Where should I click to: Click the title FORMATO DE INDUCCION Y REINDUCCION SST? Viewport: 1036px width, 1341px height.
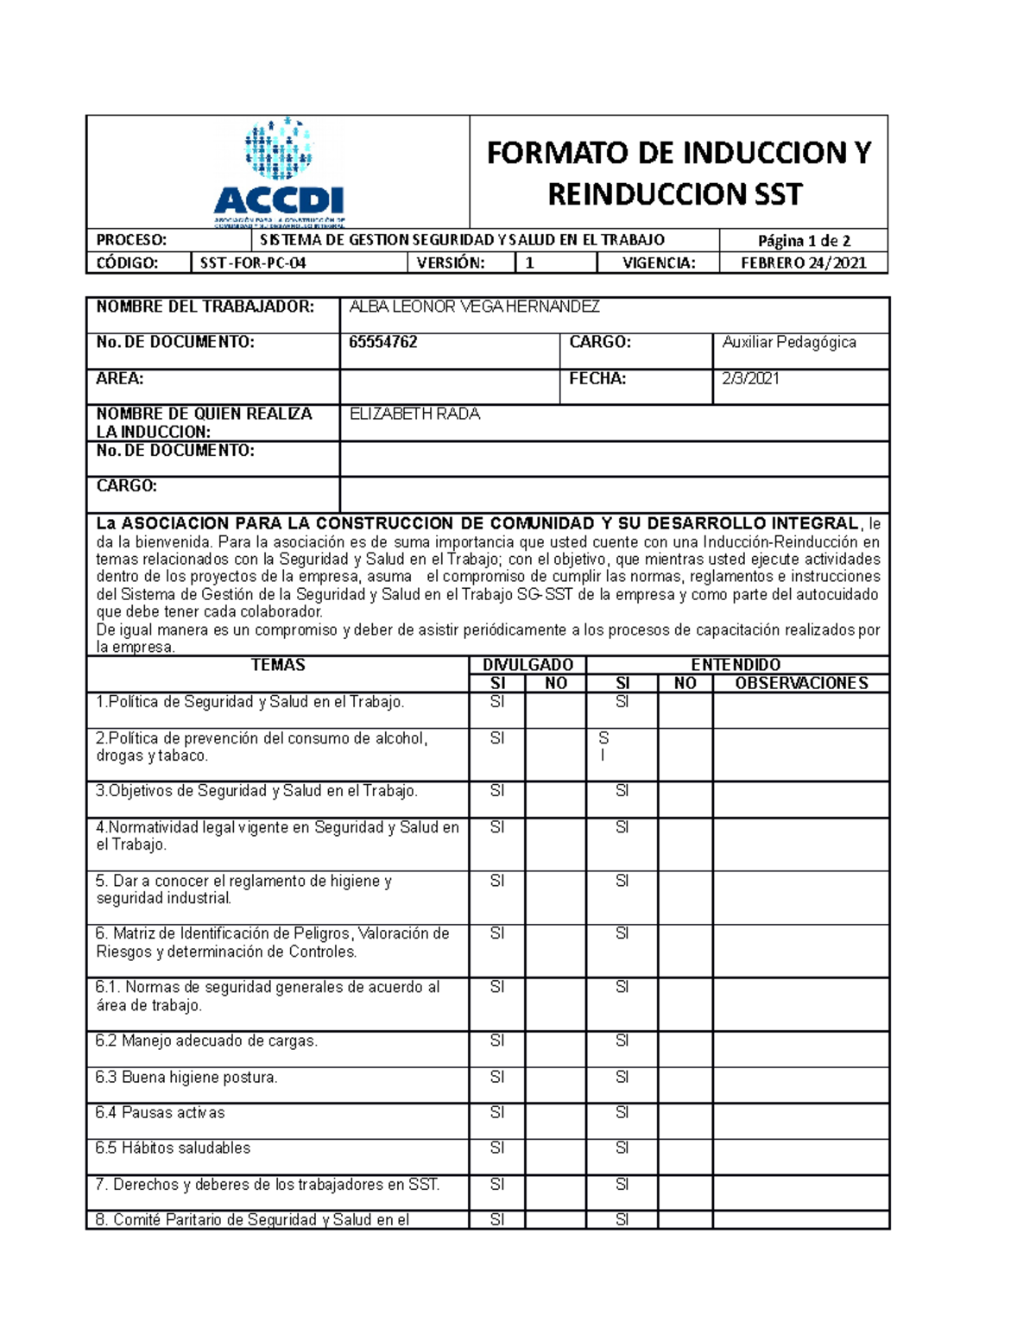click(x=678, y=173)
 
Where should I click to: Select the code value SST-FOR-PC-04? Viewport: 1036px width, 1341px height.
click(x=253, y=263)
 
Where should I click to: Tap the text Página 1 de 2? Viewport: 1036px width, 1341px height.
click(x=804, y=241)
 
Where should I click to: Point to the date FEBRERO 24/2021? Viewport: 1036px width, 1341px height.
click(x=803, y=263)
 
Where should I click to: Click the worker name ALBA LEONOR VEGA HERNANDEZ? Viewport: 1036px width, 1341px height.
click(x=474, y=307)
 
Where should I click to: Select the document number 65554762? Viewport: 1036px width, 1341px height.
click(x=383, y=343)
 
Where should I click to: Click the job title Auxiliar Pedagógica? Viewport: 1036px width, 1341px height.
click(x=789, y=343)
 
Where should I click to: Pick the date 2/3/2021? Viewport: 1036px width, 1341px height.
click(x=750, y=378)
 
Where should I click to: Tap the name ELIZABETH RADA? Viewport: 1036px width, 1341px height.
click(x=414, y=414)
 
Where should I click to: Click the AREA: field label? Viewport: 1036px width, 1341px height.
click(x=120, y=378)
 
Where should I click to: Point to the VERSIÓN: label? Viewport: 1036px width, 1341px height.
click(x=451, y=263)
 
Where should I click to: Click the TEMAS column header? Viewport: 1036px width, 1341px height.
click(x=278, y=665)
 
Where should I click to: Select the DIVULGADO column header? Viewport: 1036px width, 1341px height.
click(x=527, y=665)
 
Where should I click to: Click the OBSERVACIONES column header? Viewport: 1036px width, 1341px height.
click(x=800, y=683)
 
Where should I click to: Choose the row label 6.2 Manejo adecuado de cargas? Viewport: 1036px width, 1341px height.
click(x=206, y=1041)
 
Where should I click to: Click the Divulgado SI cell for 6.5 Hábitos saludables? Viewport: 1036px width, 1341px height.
click(x=497, y=1148)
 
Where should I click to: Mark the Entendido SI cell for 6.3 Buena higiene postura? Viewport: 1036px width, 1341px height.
click(x=622, y=1078)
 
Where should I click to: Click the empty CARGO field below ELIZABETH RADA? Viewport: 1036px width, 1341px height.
click(x=614, y=495)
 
